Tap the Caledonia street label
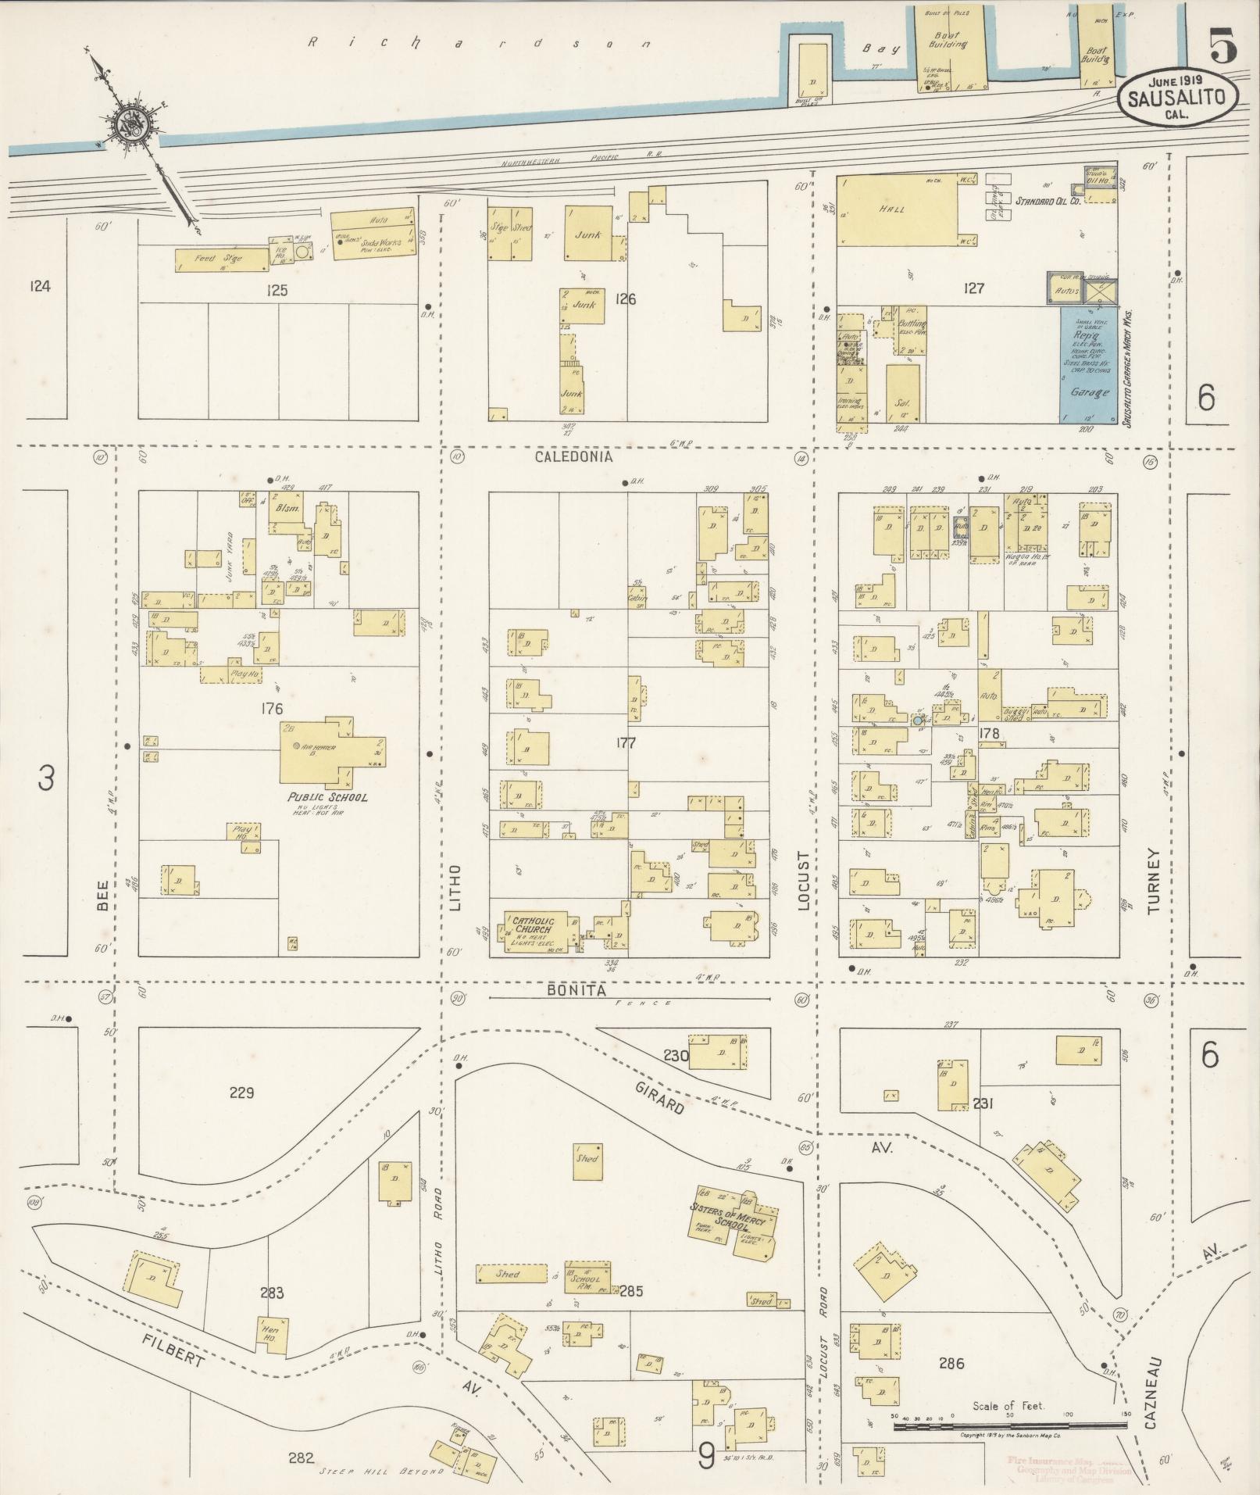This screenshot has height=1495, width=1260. tap(574, 456)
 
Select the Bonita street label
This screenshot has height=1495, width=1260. tap(576, 990)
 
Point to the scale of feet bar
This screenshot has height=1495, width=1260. tap(1008, 1425)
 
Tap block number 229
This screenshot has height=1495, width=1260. tap(241, 1093)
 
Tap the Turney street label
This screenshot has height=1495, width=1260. tap(1155, 882)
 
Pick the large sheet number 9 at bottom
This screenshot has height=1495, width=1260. tap(707, 1454)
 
